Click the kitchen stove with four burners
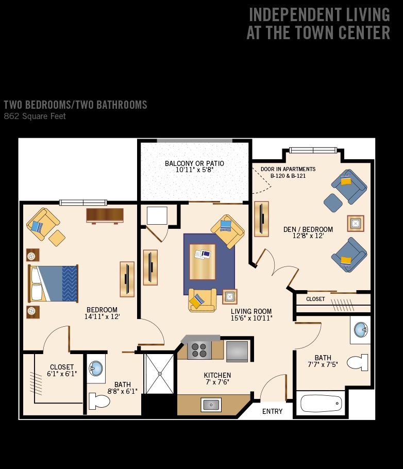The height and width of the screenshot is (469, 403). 199,350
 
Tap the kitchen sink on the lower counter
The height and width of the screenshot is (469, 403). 211,405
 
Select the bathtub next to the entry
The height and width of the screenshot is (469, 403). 321,404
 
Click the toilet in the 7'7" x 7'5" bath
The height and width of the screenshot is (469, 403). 358,362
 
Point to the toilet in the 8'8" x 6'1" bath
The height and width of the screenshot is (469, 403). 99,401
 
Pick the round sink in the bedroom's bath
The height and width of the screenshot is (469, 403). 96,368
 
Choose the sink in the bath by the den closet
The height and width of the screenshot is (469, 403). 361,330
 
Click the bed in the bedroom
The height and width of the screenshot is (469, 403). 53,283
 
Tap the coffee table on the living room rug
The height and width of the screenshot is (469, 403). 202,262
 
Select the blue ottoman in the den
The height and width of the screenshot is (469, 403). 333,203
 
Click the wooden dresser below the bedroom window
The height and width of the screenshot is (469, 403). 105,215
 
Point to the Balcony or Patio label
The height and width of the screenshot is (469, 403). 194,163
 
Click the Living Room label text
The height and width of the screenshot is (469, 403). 251,311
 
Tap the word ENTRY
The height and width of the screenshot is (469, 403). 272,411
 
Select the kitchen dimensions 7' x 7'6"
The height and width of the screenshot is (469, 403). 217,382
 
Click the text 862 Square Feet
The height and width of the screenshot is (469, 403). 35,116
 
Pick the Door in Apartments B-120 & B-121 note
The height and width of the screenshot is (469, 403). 288,172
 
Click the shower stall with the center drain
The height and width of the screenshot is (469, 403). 160,374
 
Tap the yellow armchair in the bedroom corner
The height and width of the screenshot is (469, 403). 43,224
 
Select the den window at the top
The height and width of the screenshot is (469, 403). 313,150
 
